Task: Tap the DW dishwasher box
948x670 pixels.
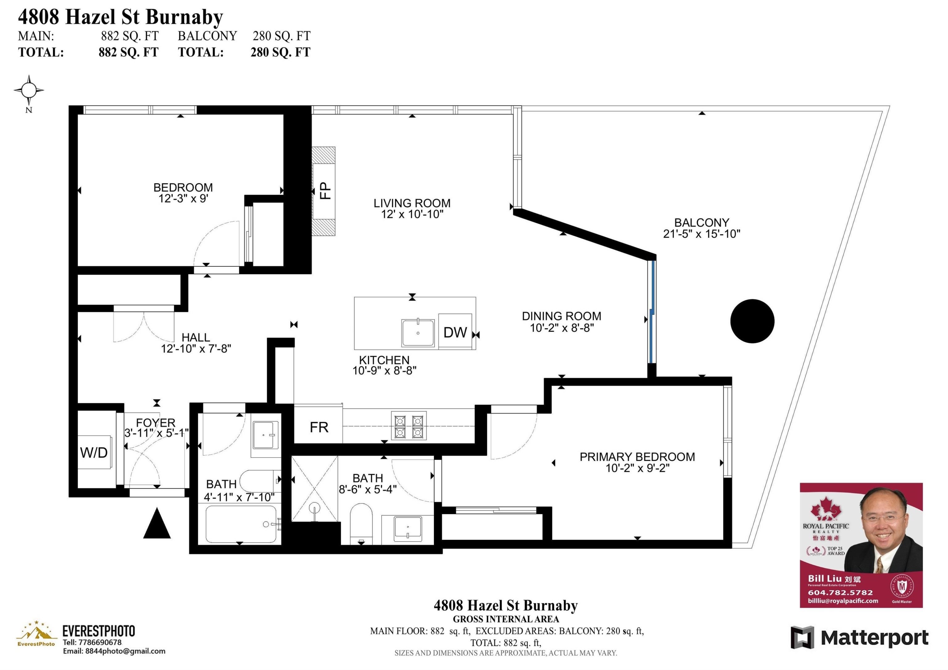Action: pos(455,331)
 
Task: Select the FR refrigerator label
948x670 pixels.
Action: pos(319,427)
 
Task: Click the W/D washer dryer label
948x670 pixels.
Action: pos(94,453)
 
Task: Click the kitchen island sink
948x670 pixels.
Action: pos(418,333)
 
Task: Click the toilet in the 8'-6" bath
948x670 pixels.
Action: pos(361,524)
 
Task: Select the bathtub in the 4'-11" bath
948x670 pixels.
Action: pos(241,524)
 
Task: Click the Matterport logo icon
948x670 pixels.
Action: pos(802,638)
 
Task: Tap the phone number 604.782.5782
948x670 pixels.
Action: pos(840,592)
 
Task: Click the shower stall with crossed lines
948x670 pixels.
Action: pos(315,489)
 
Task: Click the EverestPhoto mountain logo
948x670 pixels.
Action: pos(36,632)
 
